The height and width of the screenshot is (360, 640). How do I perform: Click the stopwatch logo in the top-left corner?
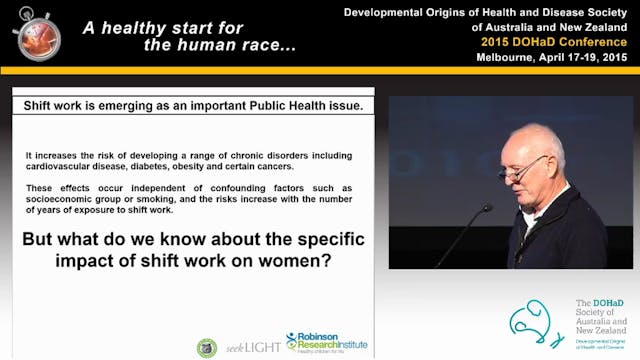(x=37, y=35)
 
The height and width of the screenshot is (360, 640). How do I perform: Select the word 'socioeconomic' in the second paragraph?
(x=66, y=199)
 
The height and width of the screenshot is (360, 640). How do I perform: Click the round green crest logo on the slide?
(x=207, y=347)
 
